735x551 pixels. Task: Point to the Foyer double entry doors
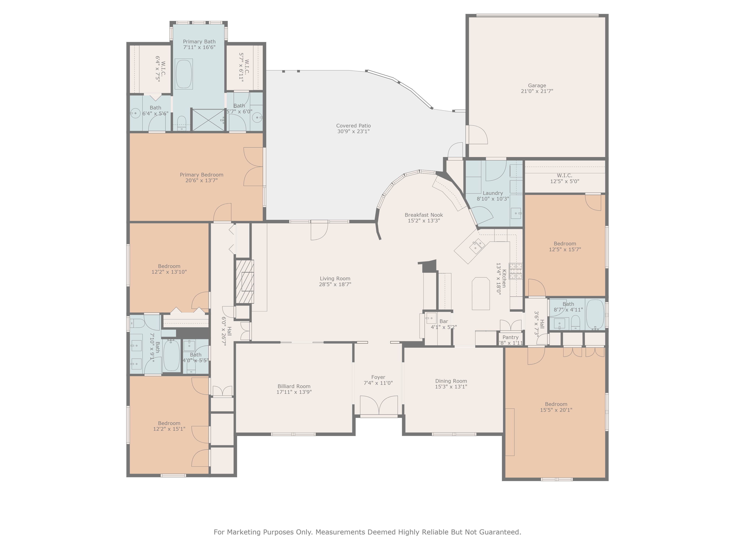click(x=379, y=405)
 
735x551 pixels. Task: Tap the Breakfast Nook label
click(x=424, y=215)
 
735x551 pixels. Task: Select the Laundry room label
click(x=492, y=193)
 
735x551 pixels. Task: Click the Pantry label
click(x=510, y=337)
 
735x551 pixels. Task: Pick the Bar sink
click(x=431, y=318)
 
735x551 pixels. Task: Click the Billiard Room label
click(x=294, y=386)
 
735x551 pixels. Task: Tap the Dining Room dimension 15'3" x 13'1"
click(x=451, y=387)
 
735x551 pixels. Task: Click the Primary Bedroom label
click(x=201, y=175)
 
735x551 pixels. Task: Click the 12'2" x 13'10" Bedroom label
click(x=169, y=266)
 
